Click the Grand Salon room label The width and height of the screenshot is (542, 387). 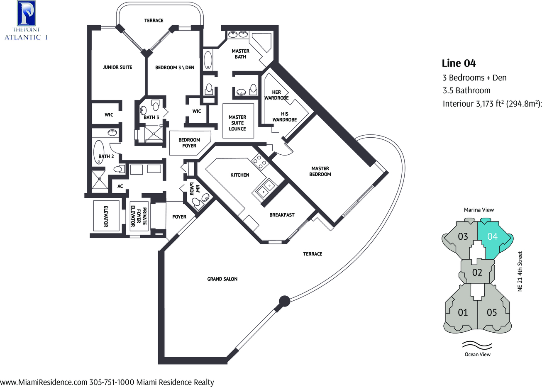pyautogui.click(x=222, y=279)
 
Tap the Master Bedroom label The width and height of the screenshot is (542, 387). pyautogui.click(x=320, y=171)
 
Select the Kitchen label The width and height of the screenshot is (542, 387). pyautogui.click(x=239, y=175)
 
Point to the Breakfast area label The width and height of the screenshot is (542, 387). pyautogui.click(x=282, y=215)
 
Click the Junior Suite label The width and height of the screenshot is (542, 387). pyautogui.click(x=117, y=67)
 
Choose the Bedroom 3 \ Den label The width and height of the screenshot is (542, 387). pyautogui.click(x=175, y=68)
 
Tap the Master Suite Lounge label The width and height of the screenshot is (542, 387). pyautogui.click(x=237, y=123)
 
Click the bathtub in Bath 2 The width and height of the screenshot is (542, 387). pyautogui.click(x=99, y=152)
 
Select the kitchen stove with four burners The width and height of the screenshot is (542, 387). pyautogui.click(x=260, y=162)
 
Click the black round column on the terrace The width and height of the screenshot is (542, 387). pyautogui.click(x=285, y=301)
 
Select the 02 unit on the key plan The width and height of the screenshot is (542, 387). pyautogui.click(x=477, y=273)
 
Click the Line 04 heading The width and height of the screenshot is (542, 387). pyautogui.click(x=459, y=63)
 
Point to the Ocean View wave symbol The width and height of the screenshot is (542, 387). pyautogui.click(x=477, y=345)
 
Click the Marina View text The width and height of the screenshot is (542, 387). pyautogui.click(x=479, y=210)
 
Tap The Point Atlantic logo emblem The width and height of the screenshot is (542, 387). pyautogui.click(x=27, y=13)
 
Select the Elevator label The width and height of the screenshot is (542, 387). pyautogui.click(x=106, y=217)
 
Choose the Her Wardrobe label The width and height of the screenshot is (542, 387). pyautogui.click(x=276, y=95)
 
